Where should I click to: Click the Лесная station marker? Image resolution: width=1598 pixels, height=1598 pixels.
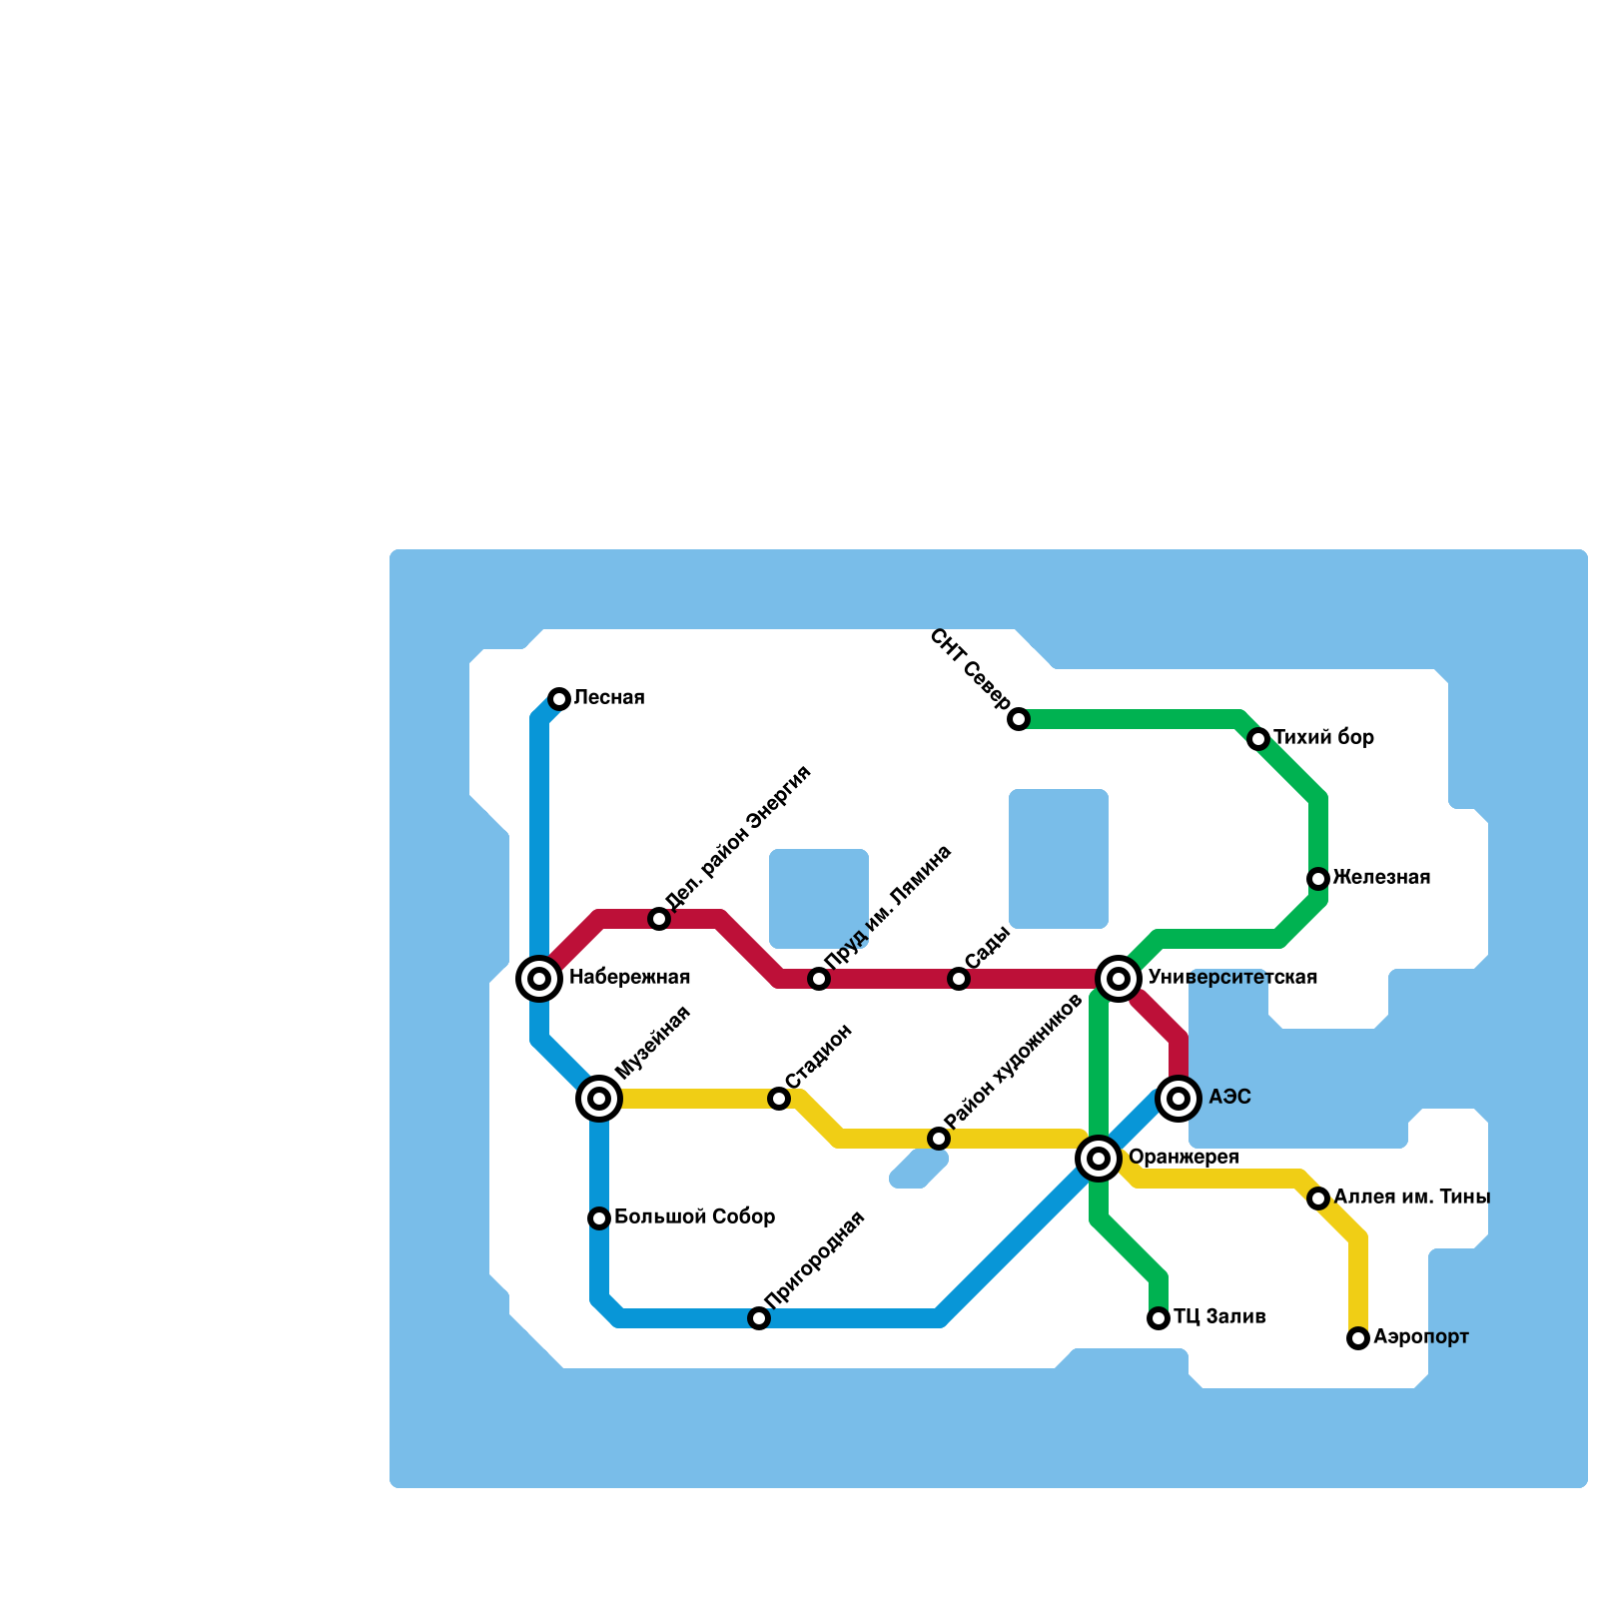point(559,699)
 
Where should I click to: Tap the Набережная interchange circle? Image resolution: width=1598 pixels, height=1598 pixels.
point(539,979)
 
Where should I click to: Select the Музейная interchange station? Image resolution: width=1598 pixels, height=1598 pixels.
point(599,1099)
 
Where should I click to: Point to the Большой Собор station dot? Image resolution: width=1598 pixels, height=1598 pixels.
point(599,1218)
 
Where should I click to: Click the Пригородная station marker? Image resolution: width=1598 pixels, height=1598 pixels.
point(759,1318)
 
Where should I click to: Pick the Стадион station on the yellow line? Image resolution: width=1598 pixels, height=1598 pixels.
point(779,1099)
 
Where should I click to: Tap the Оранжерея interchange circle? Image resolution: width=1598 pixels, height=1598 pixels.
point(1099,1159)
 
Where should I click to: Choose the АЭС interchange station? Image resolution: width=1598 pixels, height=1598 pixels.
point(1179,1099)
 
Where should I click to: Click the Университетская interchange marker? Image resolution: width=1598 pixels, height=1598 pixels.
point(1119,979)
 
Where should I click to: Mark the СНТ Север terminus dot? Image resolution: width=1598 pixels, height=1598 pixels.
point(1019,719)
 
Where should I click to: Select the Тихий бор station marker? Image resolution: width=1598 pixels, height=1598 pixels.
point(1258,739)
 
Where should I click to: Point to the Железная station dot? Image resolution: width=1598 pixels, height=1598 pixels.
point(1318,879)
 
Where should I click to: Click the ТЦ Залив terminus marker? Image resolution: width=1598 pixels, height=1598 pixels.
point(1159,1318)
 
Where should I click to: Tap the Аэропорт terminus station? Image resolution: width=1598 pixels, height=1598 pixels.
point(1358,1338)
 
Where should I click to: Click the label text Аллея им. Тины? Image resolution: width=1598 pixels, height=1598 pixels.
point(1411,1197)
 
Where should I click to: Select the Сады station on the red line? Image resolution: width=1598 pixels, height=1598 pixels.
point(959,979)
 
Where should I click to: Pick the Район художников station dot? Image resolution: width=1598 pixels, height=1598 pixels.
point(939,1139)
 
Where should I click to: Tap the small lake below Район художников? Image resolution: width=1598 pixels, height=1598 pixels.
point(919,1169)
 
